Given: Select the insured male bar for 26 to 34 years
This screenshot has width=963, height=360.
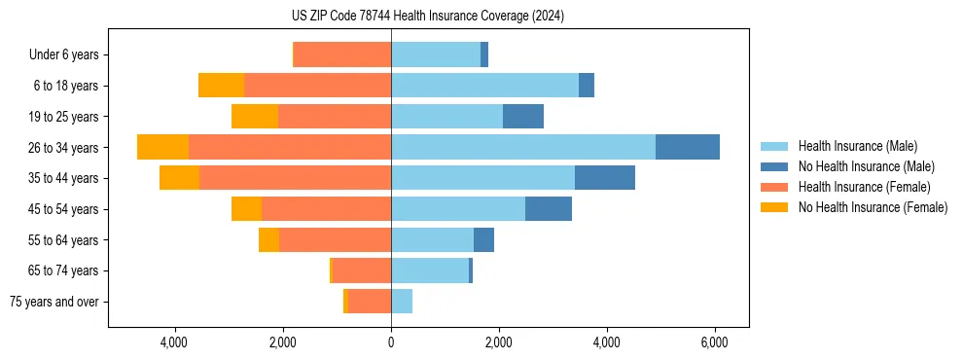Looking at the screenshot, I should [x=523, y=147].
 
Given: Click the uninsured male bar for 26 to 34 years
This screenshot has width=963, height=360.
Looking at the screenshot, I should [x=687, y=147].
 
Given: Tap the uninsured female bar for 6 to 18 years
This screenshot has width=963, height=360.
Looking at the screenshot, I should [x=221, y=86].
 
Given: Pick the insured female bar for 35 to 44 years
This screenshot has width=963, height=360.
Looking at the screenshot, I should [x=295, y=178].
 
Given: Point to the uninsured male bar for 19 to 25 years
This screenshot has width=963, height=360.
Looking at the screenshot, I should [x=523, y=117].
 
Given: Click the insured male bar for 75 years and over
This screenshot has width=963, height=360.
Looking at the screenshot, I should [x=401, y=302].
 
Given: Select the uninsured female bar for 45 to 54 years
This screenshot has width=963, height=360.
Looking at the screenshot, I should [x=246, y=209].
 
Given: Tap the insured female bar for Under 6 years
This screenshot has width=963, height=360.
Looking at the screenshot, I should [x=342, y=54].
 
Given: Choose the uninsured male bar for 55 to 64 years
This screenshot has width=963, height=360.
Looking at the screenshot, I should [x=483, y=240].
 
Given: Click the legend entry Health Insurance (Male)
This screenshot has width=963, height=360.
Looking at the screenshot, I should [x=857, y=146].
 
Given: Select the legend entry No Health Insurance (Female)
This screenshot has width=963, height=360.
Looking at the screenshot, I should [x=873, y=207].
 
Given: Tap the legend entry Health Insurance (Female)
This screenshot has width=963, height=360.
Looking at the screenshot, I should [x=864, y=187].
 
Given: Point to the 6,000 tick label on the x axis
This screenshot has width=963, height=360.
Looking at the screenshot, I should [x=714, y=342].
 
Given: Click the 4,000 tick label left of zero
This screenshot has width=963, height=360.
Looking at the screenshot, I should [x=174, y=342].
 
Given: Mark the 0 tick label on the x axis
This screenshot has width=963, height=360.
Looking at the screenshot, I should [x=391, y=342].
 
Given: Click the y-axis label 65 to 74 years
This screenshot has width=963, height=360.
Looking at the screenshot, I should [x=63, y=271].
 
